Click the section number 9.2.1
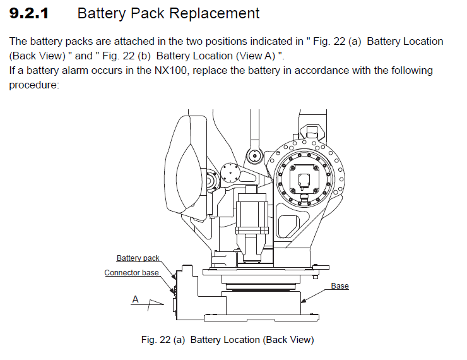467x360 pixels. point(29,13)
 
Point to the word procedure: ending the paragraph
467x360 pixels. point(33,84)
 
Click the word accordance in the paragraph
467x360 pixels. point(304,70)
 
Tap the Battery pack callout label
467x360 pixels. point(138,258)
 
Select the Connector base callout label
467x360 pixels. point(131,273)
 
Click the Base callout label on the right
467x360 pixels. point(340,286)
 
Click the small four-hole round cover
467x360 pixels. point(230,174)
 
